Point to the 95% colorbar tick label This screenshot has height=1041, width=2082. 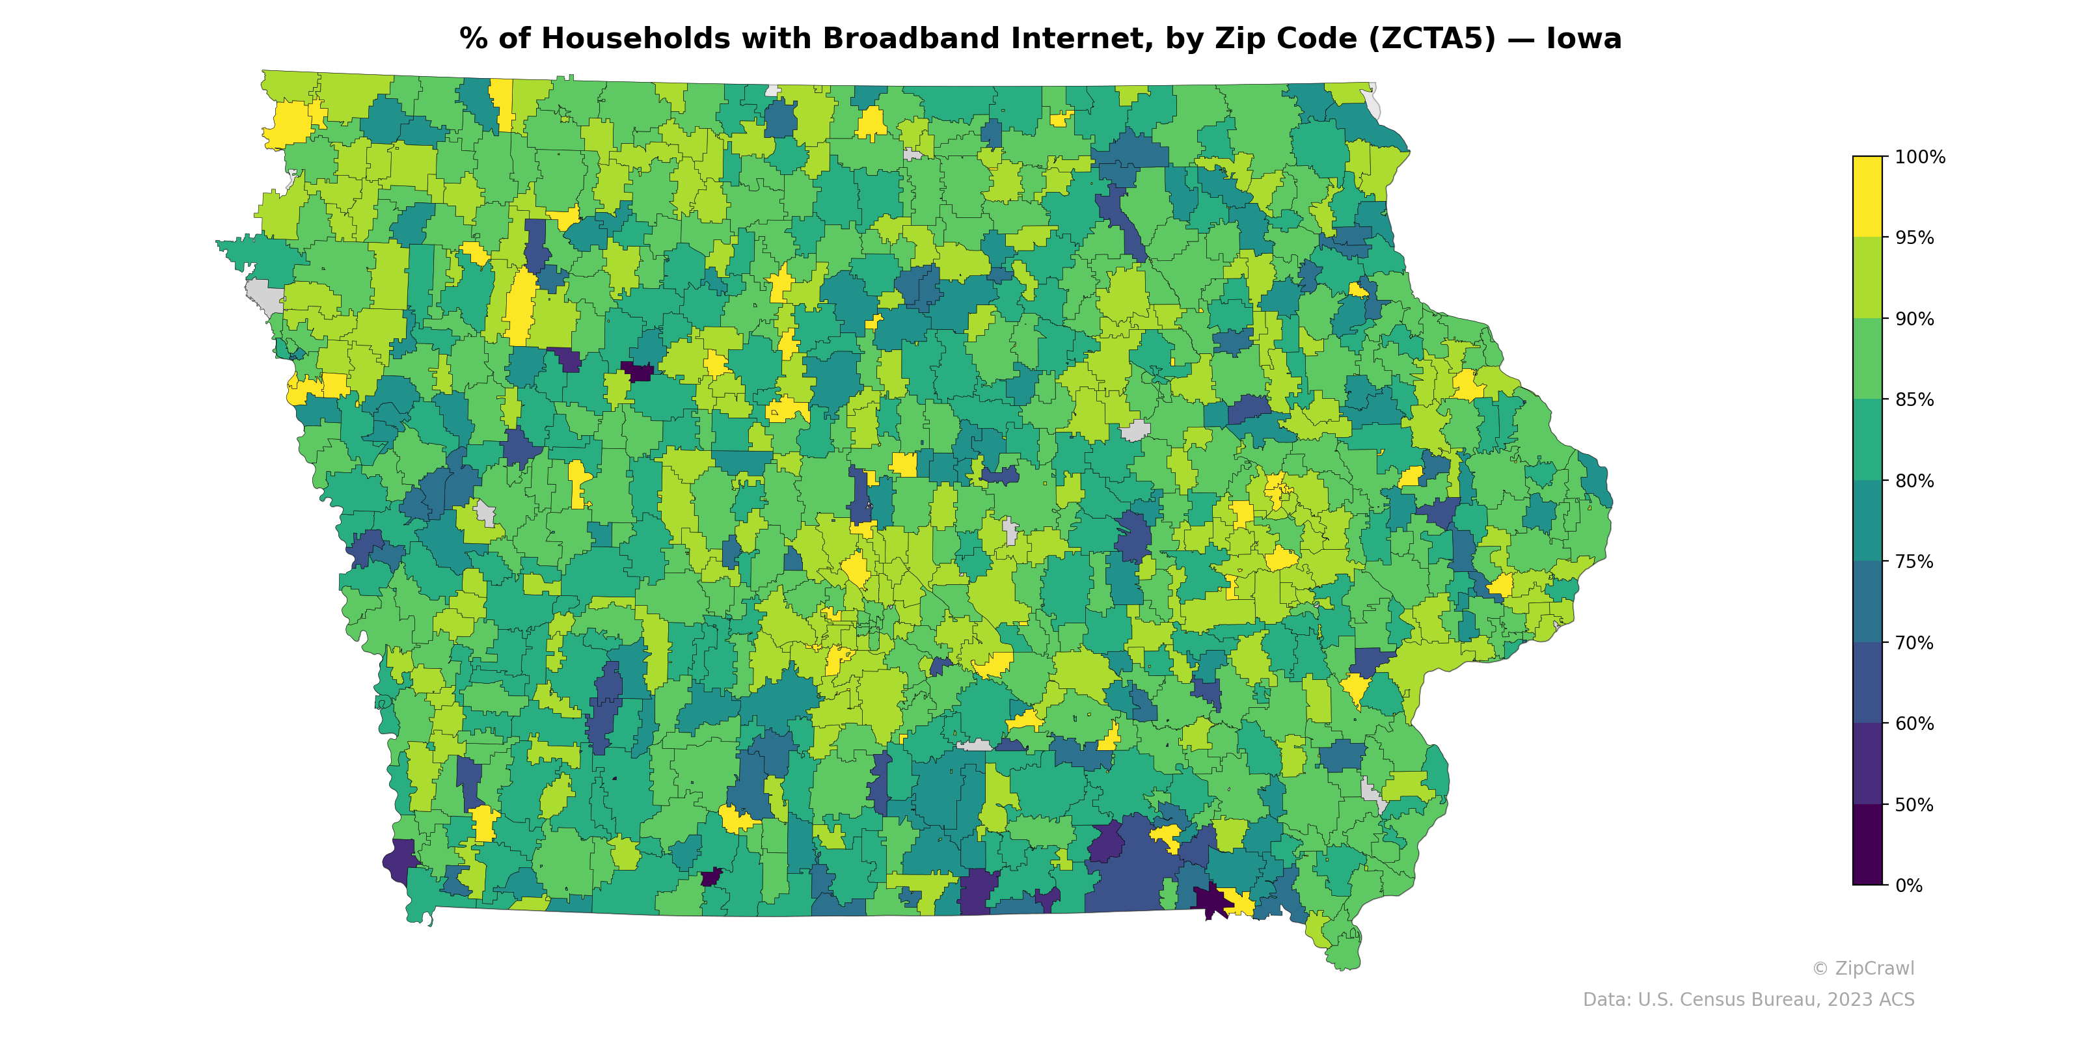click(1914, 237)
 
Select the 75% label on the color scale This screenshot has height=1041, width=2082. click(1914, 561)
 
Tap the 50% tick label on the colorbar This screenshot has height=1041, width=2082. click(1914, 805)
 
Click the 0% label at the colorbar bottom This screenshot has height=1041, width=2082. click(1908, 886)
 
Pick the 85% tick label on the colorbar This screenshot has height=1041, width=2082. click(1914, 400)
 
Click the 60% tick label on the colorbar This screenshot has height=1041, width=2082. click(1914, 723)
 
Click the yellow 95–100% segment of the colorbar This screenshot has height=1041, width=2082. click(1867, 196)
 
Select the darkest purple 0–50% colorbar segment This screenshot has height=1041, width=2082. click(1867, 845)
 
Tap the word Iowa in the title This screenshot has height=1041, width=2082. click(1584, 39)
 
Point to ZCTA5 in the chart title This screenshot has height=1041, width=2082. click(1431, 39)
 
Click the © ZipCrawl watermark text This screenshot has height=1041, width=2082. click(1862, 968)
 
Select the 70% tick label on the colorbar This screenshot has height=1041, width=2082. click(1914, 643)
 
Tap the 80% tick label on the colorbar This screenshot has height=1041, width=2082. click(1914, 481)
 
